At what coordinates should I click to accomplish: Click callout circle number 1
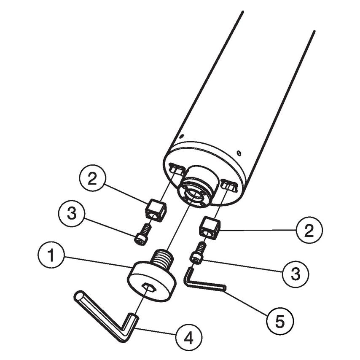click(x=51, y=256)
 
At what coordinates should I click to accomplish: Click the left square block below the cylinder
click(x=156, y=210)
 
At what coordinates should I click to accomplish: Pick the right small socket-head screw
click(x=198, y=253)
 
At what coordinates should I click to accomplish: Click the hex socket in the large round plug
click(x=147, y=287)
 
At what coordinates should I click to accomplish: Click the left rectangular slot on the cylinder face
click(x=177, y=169)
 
